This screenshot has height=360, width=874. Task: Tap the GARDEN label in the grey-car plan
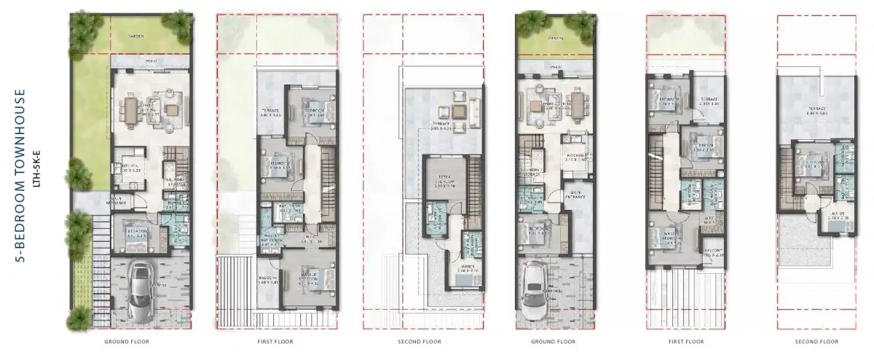(135, 35)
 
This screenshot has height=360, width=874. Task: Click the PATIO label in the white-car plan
(556, 68)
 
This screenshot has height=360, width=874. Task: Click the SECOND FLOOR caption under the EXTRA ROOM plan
(420, 341)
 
